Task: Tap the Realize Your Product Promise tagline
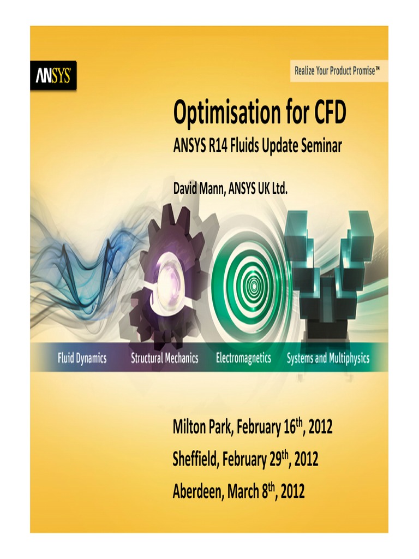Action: [337, 71]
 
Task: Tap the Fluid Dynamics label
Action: [82, 359]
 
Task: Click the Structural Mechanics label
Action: [164, 359]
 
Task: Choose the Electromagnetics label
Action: [243, 359]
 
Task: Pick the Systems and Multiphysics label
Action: [328, 359]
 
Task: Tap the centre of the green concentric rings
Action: [253, 284]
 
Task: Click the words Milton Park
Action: [202, 427]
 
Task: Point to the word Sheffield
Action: [195, 460]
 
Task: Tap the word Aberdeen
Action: [197, 492]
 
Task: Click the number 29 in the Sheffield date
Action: [275, 460]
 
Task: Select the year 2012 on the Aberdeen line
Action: [292, 492]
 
